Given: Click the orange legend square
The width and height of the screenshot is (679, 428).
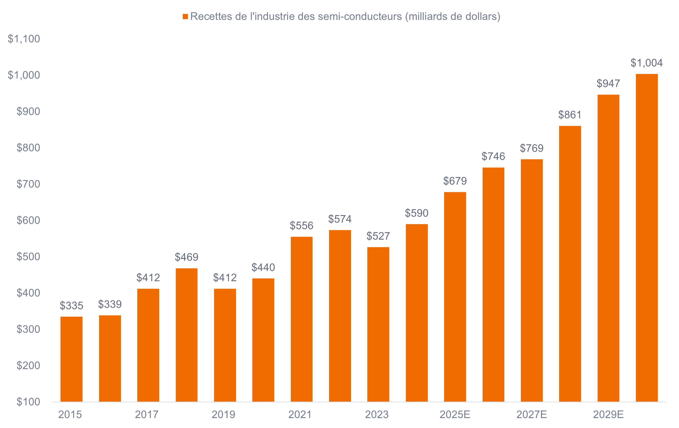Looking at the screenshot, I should click(x=185, y=17).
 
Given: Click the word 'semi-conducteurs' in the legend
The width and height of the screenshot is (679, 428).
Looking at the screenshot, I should click(x=360, y=16).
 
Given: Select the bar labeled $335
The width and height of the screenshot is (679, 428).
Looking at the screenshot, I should click(x=71, y=359).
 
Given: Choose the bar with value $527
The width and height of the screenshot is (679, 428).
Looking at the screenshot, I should click(x=378, y=324).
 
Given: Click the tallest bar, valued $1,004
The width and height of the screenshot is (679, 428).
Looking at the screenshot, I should click(x=647, y=238).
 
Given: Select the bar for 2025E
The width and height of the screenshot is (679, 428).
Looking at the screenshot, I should click(x=455, y=297).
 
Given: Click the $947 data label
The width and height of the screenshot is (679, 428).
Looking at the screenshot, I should click(x=608, y=83).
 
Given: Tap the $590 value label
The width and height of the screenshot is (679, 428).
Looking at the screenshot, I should click(x=416, y=213).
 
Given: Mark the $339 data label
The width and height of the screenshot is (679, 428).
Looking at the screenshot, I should click(x=110, y=304).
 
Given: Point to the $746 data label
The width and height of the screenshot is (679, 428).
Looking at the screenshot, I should click(x=493, y=156).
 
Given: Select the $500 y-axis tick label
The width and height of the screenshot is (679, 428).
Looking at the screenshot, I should click(x=28, y=256).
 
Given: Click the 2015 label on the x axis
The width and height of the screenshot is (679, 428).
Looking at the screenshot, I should click(x=70, y=415).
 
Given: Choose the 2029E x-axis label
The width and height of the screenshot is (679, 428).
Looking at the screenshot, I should click(x=608, y=415).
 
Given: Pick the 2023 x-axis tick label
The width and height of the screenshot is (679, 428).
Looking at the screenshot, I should click(x=377, y=415).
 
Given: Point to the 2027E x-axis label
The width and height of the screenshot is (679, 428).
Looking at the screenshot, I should click(x=531, y=415).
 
